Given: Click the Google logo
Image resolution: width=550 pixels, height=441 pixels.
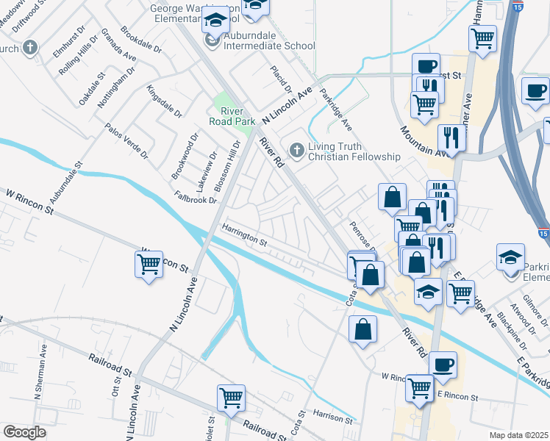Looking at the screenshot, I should pos(24,432).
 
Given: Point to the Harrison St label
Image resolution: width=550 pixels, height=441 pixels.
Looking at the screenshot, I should pos(333,417).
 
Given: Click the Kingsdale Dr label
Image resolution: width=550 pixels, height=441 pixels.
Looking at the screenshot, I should pos(164,102).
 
